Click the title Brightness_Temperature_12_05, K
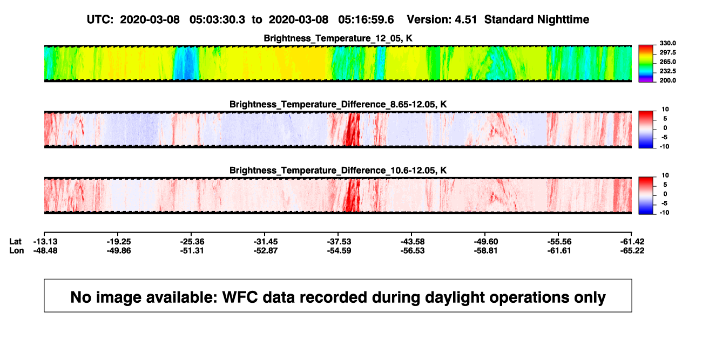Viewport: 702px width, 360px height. [338, 38]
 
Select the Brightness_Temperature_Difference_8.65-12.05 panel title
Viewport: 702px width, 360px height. [338, 104]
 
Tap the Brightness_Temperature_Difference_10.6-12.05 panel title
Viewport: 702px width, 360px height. [338, 171]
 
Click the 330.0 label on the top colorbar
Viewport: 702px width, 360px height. [667, 43]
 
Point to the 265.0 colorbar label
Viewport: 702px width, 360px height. [667, 62]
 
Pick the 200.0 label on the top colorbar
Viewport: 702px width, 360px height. [667, 80]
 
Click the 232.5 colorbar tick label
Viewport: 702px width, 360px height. [667, 71]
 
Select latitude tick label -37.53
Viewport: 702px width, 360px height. [339, 242]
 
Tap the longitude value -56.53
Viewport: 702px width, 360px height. [413, 250]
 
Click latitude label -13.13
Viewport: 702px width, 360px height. [45, 242]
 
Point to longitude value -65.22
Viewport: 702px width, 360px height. [632, 250]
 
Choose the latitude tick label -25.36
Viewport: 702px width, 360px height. [192, 242]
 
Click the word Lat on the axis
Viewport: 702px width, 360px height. [15, 242]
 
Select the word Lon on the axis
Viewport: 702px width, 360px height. [16, 250]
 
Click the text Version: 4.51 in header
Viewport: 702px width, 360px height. [442, 19]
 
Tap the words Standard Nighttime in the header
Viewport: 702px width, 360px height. [537, 19]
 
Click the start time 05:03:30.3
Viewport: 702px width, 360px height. [217, 19]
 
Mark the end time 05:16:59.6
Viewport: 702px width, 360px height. [366, 19]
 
